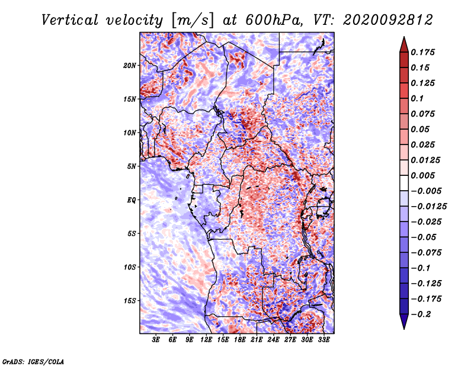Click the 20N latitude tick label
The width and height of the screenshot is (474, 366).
129,66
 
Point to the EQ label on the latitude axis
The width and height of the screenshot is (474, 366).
131,200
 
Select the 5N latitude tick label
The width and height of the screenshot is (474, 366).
132,166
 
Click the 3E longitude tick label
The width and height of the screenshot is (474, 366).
156,340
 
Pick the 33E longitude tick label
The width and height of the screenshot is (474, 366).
324,340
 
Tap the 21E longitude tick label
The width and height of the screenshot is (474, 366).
257,340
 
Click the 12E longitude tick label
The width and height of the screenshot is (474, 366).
206,340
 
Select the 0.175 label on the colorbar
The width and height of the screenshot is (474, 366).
422,52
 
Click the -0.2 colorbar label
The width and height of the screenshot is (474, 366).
421,314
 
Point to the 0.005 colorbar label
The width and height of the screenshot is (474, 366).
422,175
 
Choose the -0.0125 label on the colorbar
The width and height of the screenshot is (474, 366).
428,207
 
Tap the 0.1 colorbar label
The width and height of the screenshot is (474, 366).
417,98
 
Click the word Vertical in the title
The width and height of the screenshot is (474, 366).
70,20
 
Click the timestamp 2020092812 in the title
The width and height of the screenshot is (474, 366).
388,20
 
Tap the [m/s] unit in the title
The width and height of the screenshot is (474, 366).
192,20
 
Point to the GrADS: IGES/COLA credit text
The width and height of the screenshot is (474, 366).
33,361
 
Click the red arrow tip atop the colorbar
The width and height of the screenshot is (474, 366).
404,37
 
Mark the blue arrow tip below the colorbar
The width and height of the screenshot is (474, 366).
404,328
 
